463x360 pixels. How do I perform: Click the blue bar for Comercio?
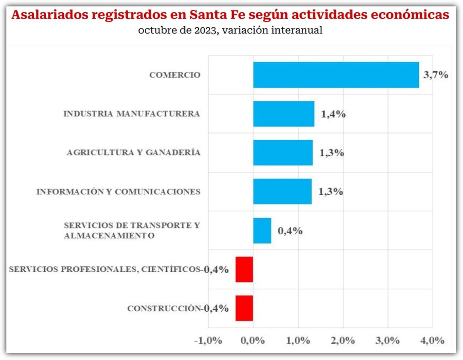[x=336, y=75]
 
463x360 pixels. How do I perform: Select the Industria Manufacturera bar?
[x=284, y=114]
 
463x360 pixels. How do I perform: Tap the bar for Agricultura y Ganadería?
[x=283, y=152]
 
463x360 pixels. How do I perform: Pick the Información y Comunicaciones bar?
[x=282, y=191]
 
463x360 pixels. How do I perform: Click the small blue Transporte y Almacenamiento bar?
[x=262, y=230]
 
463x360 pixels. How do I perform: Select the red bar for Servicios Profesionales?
[x=244, y=269]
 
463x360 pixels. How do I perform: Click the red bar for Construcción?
[x=244, y=308]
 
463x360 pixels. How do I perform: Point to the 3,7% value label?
[x=436, y=75]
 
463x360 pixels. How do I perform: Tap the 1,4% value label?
[x=333, y=115]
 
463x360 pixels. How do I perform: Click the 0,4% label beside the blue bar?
[x=290, y=231]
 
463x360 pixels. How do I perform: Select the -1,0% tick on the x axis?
[x=208, y=341]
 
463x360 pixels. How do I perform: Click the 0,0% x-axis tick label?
[x=253, y=341]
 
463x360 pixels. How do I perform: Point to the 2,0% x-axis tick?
[x=343, y=341]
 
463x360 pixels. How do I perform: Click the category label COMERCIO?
[x=175, y=75]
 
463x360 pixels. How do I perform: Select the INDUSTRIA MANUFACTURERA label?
[x=132, y=114]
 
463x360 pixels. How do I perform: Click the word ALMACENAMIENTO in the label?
[x=109, y=235]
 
